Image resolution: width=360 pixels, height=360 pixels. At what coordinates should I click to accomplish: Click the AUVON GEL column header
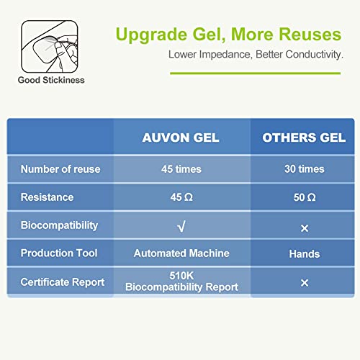181,138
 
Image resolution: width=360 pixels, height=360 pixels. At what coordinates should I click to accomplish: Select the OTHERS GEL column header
304,138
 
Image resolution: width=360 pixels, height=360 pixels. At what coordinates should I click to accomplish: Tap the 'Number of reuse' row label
60,169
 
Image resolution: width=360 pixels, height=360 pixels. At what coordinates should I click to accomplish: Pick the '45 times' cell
181,169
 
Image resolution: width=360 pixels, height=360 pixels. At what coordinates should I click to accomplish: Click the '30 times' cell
304,169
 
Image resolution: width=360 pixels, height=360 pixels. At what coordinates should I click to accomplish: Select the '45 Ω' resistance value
181,197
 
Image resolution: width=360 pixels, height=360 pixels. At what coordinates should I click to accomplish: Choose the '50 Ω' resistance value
304,197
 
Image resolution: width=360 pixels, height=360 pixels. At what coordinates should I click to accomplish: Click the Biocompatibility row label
59,225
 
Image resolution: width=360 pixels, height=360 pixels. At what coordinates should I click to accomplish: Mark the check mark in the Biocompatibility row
181,227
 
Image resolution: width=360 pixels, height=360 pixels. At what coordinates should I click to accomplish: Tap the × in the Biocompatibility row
304,228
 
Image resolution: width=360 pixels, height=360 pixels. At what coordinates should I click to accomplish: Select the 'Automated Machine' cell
181,253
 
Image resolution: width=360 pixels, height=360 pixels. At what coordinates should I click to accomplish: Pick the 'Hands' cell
304,253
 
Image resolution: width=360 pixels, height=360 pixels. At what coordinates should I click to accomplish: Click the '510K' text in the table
181,276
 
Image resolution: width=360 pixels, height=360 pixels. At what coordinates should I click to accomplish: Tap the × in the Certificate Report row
304,283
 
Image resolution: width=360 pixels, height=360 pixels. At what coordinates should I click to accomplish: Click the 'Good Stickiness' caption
51,80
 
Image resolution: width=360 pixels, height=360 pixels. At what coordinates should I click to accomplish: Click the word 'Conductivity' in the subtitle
310,54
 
